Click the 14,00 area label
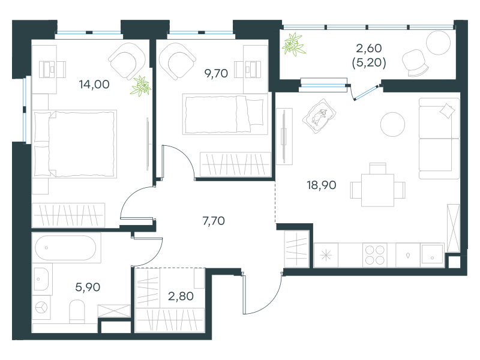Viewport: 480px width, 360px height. [94, 84]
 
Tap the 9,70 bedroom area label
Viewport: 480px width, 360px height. [216, 73]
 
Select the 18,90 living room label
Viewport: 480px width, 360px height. [322, 185]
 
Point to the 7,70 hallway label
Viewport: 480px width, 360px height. [214, 221]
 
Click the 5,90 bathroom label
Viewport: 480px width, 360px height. [88, 287]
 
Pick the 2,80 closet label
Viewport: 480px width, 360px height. [181, 296]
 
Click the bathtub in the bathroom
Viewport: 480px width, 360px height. [66, 248]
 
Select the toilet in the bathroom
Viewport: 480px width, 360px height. [77, 311]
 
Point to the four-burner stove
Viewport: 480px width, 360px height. [374, 255]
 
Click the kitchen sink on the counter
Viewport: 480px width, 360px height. [432, 254]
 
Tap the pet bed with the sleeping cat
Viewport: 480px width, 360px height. [319, 116]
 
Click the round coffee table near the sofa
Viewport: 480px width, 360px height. [392, 124]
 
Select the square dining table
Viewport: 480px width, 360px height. [377, 190]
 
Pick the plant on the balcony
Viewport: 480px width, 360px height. [293, 44]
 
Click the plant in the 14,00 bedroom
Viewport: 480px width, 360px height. [140, 86]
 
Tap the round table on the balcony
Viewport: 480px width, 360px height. [439, 43]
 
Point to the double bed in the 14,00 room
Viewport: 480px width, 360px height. [74, 144]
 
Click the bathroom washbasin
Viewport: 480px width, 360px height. [41, 279]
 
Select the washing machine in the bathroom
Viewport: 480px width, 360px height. [41, 308]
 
